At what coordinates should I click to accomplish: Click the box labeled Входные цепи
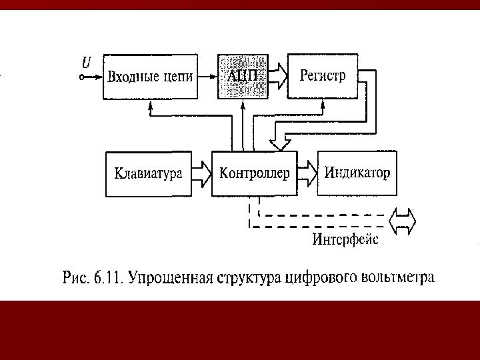pyautogui.click(x=151, y=76)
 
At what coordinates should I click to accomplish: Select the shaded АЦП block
pyautogui.click(x=243, y=76)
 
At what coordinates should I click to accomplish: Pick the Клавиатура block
pyautogui.click(x=149, y=174)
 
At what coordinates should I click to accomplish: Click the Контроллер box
pyautogui.click(x=254, y=174)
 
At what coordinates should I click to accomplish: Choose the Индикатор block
pyautogui.click(x=357, y=173)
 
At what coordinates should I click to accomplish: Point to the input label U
pyautogui.click(x=86, y=63)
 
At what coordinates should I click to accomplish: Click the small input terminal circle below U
pyautogui.click(x=82, y=77)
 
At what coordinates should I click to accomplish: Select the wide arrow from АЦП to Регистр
pyautogui.click(x=278, y=76)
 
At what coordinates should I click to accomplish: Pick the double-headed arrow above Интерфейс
pyautogui.click(x=403, y=221)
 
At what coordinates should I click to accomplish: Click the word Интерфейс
pyautogui.click(x=345, y=239)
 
